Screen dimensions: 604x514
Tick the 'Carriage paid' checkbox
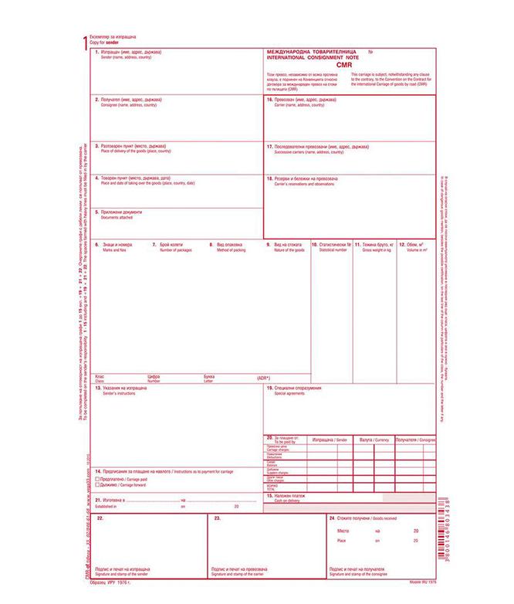coord(96,479)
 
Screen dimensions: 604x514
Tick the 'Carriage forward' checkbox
coord(96,485)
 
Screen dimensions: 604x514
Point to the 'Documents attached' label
coord(117,217)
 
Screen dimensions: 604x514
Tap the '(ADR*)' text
coord(265,378)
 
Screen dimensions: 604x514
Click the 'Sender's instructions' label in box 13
coord(119,393)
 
